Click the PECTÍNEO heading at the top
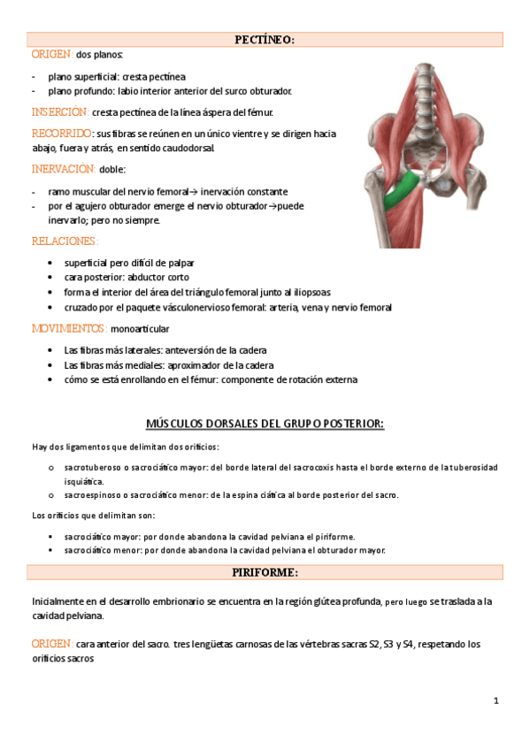click(265, 39)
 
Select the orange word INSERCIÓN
click(59, 112)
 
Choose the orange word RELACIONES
click(64, 241)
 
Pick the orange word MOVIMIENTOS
click(69, 328)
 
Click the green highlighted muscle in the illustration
click(403, 189)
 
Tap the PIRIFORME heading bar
click(265, 572)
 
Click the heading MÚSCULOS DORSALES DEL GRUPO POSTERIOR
click(265, 424)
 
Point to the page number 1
click(496, 701)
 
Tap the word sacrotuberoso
click(93, 466)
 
